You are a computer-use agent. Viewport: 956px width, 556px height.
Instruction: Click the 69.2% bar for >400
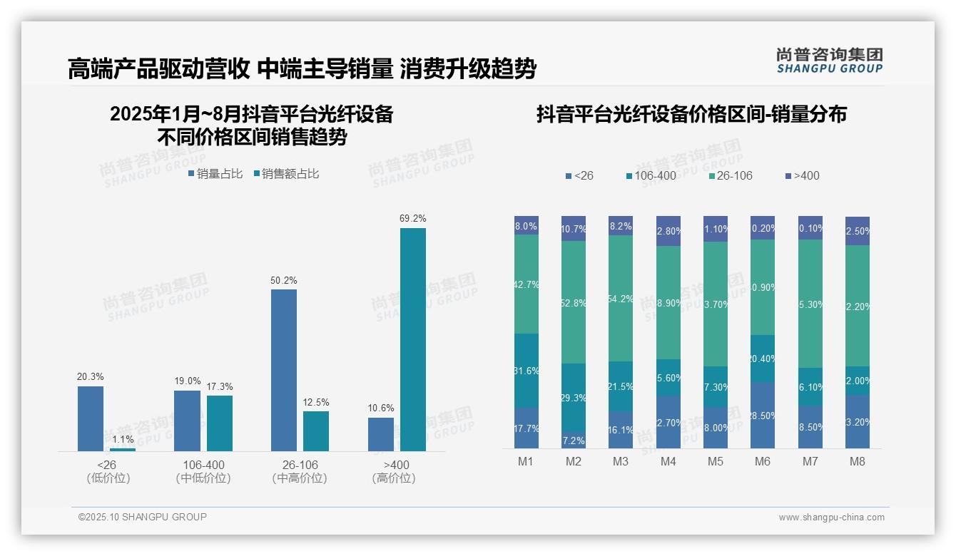click(412, 339)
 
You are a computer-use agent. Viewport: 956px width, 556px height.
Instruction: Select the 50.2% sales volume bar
click(284, 370)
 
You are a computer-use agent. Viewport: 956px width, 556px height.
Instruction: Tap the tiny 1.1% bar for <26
click(123, 449)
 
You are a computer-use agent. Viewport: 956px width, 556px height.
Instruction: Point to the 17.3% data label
click(220, 386)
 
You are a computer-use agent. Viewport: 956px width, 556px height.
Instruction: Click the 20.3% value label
click(91, 377)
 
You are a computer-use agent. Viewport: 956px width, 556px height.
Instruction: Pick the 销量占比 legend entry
click(215, 173)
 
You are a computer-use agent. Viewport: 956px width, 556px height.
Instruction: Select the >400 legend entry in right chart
click(802, 175)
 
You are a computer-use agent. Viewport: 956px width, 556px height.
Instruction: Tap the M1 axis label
click(526, 461)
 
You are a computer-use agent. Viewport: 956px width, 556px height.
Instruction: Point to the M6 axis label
click(763, 461)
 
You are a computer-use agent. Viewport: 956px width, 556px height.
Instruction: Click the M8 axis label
click(857, 461)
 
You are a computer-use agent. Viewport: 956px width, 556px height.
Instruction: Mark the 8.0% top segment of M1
click(527, 225)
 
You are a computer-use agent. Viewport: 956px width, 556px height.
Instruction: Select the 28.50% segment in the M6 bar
click(763, 415)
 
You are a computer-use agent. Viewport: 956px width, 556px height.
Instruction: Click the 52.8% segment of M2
click(574, 302)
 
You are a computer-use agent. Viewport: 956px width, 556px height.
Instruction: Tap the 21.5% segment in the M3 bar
click(621, 386)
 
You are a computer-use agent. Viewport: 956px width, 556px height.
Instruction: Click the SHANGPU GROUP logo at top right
click(829, 61)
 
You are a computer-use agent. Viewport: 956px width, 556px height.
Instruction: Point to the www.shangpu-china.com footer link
click(831, 518)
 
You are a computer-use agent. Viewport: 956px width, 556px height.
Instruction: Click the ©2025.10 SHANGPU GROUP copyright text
click(143, 517)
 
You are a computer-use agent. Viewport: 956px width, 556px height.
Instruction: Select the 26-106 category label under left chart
click(300, 465)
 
